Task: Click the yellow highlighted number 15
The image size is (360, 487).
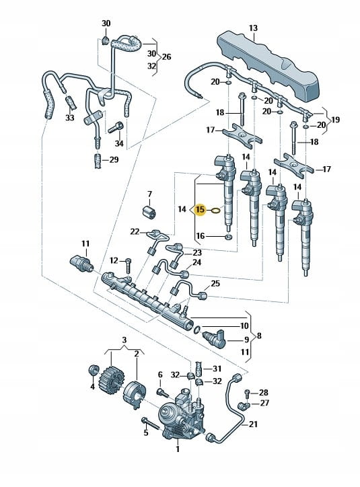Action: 201,210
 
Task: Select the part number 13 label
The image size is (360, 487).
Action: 253,28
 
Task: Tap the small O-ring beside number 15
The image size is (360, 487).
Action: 215,211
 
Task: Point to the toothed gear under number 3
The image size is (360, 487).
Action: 109,378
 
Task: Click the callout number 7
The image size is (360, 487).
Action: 149,194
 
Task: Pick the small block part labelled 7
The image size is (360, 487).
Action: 149,212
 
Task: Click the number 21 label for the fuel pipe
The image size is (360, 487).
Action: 254,424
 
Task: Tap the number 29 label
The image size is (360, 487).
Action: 114,160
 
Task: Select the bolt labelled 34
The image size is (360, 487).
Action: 116,127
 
